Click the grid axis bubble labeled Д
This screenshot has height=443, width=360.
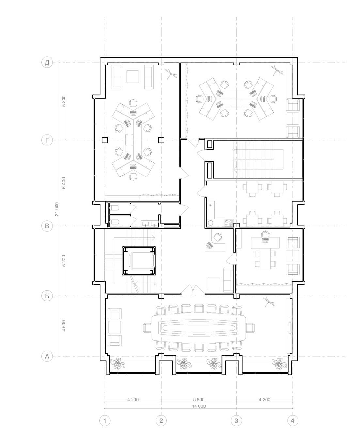(47, 62)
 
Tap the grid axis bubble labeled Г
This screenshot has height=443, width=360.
(47, 140)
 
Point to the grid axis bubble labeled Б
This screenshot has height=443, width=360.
(47, 296)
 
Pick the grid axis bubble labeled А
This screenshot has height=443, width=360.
(47, 356)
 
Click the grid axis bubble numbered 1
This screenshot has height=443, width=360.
(105, 420)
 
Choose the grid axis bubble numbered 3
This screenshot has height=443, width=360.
(236, 420)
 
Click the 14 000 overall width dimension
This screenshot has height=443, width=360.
(199, 406)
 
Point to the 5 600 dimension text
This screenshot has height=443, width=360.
(199, 400)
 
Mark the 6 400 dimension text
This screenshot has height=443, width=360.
(64, 183)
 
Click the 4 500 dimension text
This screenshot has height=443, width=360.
(64, 326)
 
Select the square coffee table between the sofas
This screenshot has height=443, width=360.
(133, 77)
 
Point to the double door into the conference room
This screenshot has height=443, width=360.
(193, 289)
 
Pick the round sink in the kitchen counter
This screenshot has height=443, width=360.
(211, 223)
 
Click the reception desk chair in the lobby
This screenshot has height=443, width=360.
(217, 237)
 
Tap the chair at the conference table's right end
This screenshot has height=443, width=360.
(250, 328)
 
